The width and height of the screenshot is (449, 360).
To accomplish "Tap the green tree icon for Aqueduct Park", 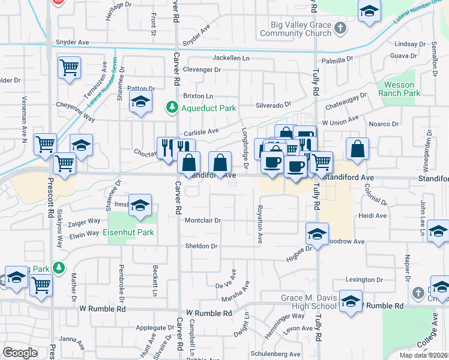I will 172,107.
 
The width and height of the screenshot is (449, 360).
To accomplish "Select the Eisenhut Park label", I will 128,232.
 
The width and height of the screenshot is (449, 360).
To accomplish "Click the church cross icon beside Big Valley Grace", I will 340,28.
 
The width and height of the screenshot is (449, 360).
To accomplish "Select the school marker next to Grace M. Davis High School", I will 351,302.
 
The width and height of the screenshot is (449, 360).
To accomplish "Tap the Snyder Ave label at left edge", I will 72,43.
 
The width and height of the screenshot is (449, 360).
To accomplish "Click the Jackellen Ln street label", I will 231,58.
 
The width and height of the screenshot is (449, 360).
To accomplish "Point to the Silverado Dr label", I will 273,104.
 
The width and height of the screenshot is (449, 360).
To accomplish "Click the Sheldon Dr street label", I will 201,246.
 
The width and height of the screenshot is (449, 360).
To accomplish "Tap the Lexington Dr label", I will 365,280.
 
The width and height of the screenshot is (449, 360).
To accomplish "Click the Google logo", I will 20,353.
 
